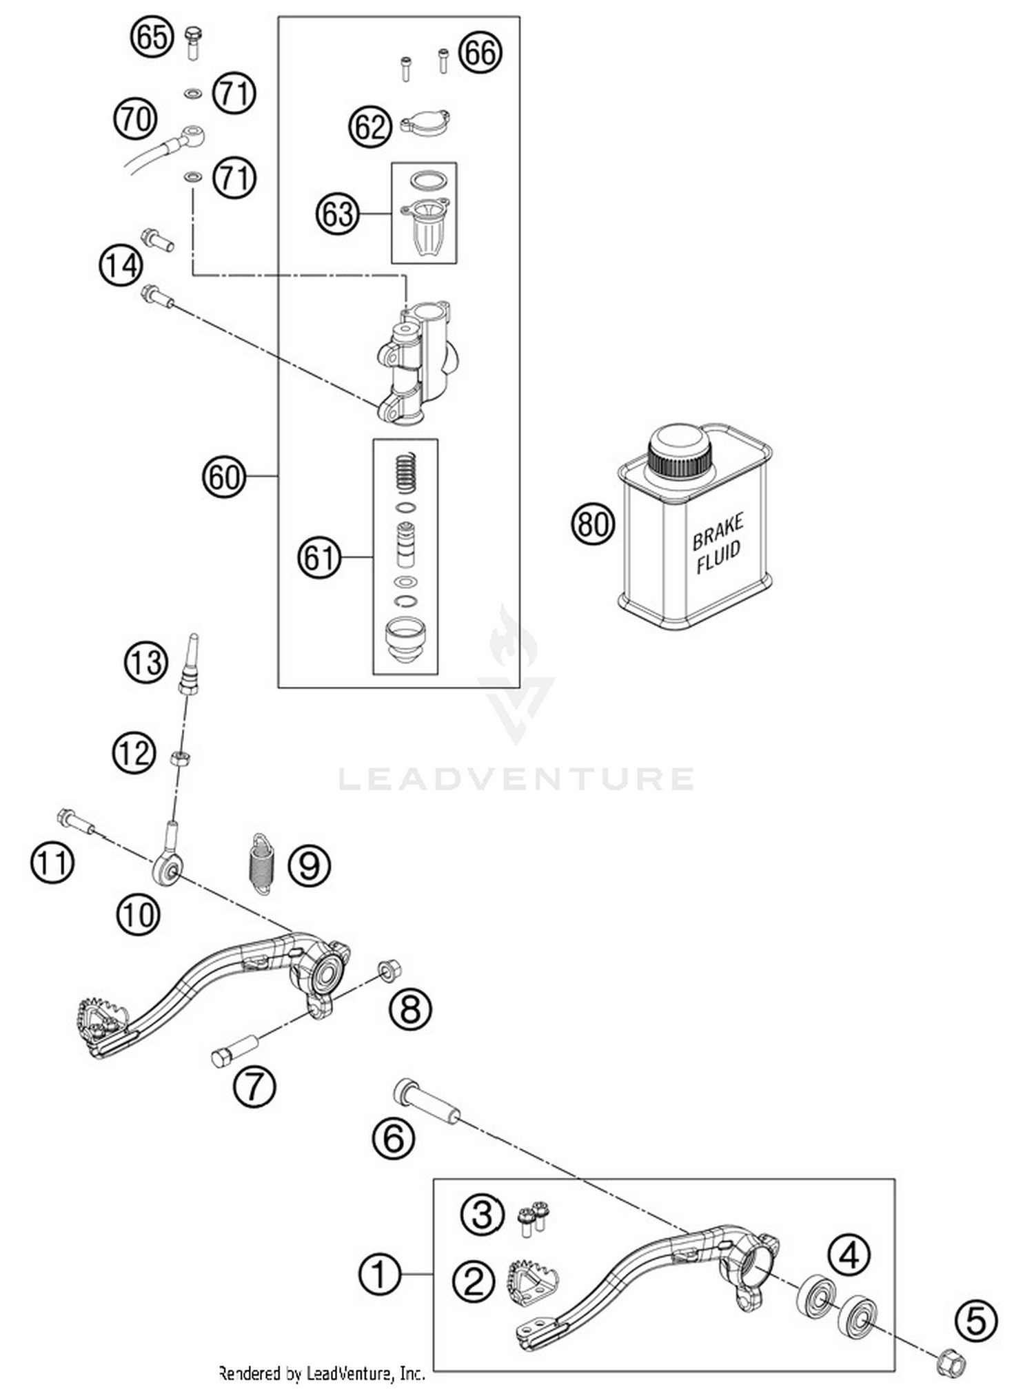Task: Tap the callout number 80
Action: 593,524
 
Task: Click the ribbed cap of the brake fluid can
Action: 679,454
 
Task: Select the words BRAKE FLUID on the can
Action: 718,542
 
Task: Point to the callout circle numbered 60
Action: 224,477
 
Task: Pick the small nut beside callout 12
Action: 181,758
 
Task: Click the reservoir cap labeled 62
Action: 425,124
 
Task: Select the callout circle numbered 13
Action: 146,662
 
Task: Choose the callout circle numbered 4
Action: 849,1254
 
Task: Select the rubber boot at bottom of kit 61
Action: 405,639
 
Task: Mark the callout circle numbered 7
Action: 254,1086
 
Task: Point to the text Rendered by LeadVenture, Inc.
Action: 321,1373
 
